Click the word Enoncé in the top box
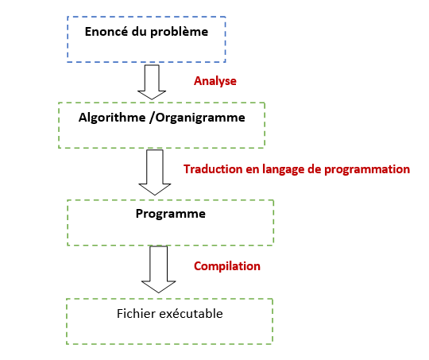[106, 31]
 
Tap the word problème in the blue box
[180, 33]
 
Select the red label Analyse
[215, 81]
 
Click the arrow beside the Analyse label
[152, 82]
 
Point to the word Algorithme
[112, 118]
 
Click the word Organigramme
[200, 118]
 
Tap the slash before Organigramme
[153, 118]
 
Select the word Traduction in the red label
[213, 169]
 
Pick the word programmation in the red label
[367, 170]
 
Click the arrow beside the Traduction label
[155, 172]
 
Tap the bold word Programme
[171, 214]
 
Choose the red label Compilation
[227, 266]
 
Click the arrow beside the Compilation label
[159, 269]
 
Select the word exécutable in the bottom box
[191, 313]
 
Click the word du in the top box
[139, 32]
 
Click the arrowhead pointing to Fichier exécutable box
[159, 288]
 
